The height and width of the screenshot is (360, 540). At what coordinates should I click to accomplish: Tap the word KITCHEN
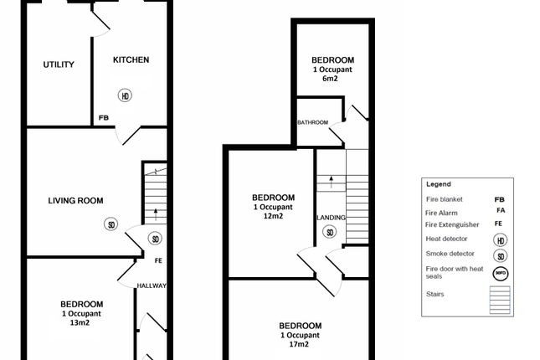pos(131,59)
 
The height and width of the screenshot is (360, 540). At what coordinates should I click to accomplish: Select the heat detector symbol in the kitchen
pos(125,95)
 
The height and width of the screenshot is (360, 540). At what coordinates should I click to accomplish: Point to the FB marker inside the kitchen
pos(103,118)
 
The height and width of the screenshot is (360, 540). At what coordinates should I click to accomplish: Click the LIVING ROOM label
pos(75,199)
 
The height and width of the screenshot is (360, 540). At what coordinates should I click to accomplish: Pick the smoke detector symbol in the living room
pos(110,224)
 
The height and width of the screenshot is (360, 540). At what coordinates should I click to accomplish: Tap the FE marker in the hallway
pos(158,260)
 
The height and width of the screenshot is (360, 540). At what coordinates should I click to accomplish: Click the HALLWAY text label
pos(152,285)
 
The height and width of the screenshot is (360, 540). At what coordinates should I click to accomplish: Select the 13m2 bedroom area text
pos(81,324)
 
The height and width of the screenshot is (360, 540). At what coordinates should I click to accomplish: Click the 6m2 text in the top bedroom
pos(332,80)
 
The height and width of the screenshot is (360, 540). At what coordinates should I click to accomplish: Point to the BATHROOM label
pos(313,123)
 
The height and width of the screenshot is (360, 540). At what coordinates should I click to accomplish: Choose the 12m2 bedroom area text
pos(273,216)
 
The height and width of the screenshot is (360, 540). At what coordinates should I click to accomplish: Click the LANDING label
pos(331,218)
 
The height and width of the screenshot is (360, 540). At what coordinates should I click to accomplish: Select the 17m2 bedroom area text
pos(300,345)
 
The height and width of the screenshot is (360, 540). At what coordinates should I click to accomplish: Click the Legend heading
pos(438,183)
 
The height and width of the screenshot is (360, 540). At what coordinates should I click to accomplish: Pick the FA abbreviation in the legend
pos(500,213)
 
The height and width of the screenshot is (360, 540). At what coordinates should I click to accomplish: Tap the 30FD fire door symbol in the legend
pos(500,271)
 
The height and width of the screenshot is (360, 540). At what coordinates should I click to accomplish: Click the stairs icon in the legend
pos(500,300)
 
